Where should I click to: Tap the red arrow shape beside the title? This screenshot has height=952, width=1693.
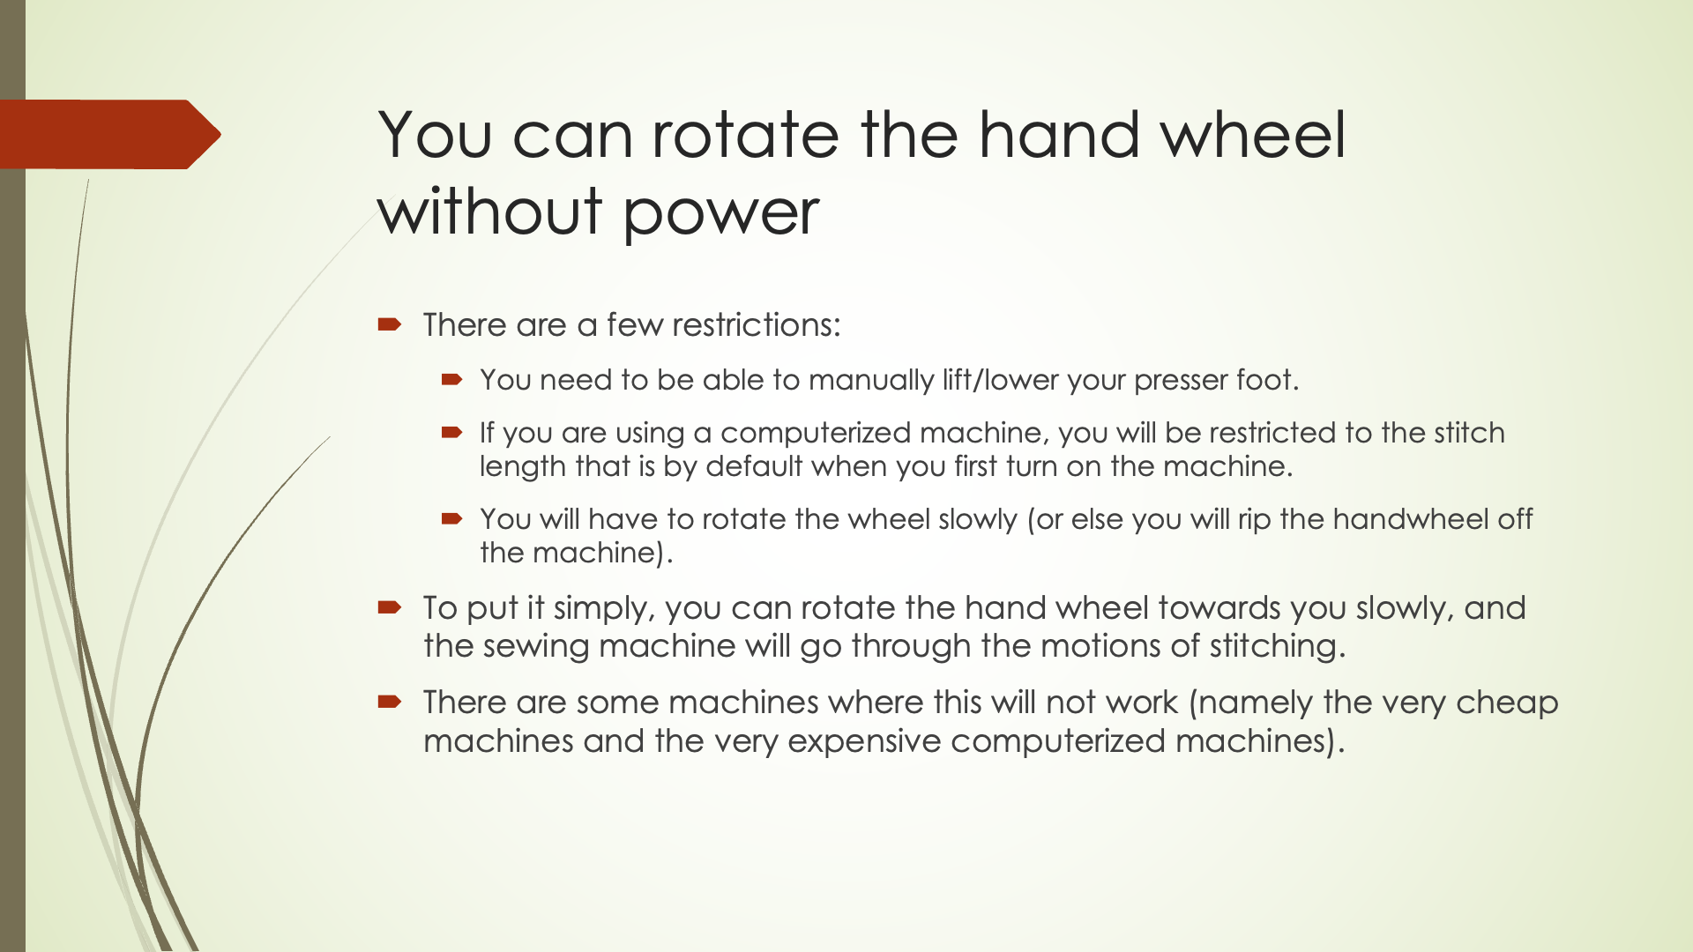point(110,134)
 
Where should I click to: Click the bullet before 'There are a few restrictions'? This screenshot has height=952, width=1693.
point(390,324)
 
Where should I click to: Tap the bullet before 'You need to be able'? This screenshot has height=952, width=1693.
point(452,380)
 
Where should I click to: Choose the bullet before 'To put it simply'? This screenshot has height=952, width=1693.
point(390,607)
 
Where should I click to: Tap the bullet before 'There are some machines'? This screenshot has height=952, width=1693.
point(390,702)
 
